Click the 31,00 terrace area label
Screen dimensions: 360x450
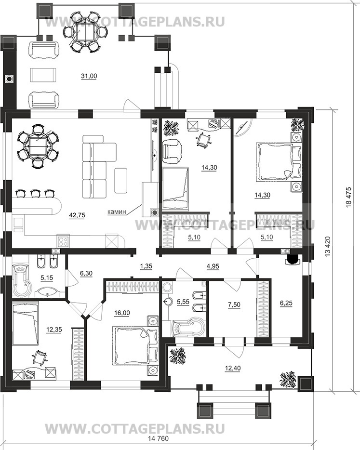pyautogui.click(x=89, y=76)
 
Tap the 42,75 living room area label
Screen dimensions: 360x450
pyautogui.click(x=77, y=215)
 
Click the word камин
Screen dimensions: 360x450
pyautogui.click(x=117, y=212)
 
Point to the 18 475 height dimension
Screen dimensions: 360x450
pyautogui.click(x=349, y=197)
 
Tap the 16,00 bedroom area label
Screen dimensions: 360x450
pyautogui.click(x=122, y=313)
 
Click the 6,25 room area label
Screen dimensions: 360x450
pyautogui.click(x=286, y=303)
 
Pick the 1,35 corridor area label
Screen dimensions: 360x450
pyautogui.click(x=146, y=266)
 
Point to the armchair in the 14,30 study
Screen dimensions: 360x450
pyautogui.click(x=172, y=149)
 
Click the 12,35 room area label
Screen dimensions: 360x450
pyautogui.click(x=54, y=330)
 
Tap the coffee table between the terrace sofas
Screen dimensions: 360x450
pyautogui.click(x=43, y=75)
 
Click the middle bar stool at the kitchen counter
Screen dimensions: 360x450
pyautogui.click(x=36, y=193)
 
